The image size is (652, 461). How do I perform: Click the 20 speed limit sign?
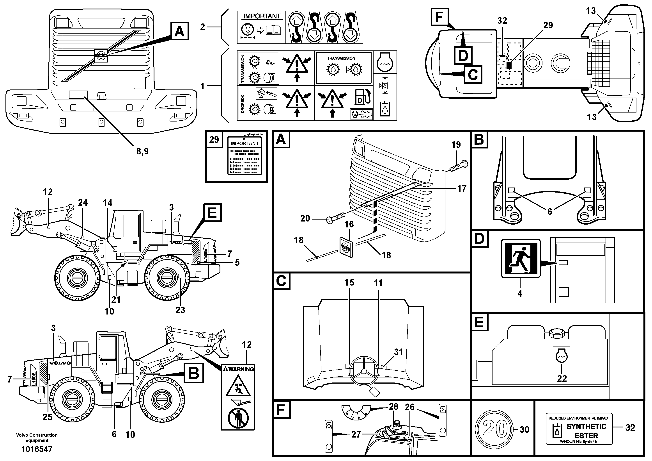click(495, 429)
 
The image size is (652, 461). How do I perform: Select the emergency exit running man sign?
click(521, 259)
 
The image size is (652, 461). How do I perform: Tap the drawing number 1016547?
click(37, 449)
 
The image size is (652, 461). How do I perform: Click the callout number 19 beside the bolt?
click(456, 145)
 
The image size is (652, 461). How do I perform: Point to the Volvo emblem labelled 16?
click(346, 247)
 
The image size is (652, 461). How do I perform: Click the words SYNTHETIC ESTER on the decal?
click(586, 431)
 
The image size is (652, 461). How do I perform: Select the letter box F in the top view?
click(439, 17)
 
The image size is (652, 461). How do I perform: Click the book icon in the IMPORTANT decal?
click(273, 31)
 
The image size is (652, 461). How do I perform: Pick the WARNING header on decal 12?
click(238, 369)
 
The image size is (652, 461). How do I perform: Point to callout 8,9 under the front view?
click(142, 151)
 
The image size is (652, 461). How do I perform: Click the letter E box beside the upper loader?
click(212, 213)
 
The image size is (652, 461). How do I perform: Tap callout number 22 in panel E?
click(562, 379)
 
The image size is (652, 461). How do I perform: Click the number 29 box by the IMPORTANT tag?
click(214, 139)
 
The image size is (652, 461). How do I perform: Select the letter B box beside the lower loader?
click(194, 373)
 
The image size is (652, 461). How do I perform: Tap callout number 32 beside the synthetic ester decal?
click(630, 427)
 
